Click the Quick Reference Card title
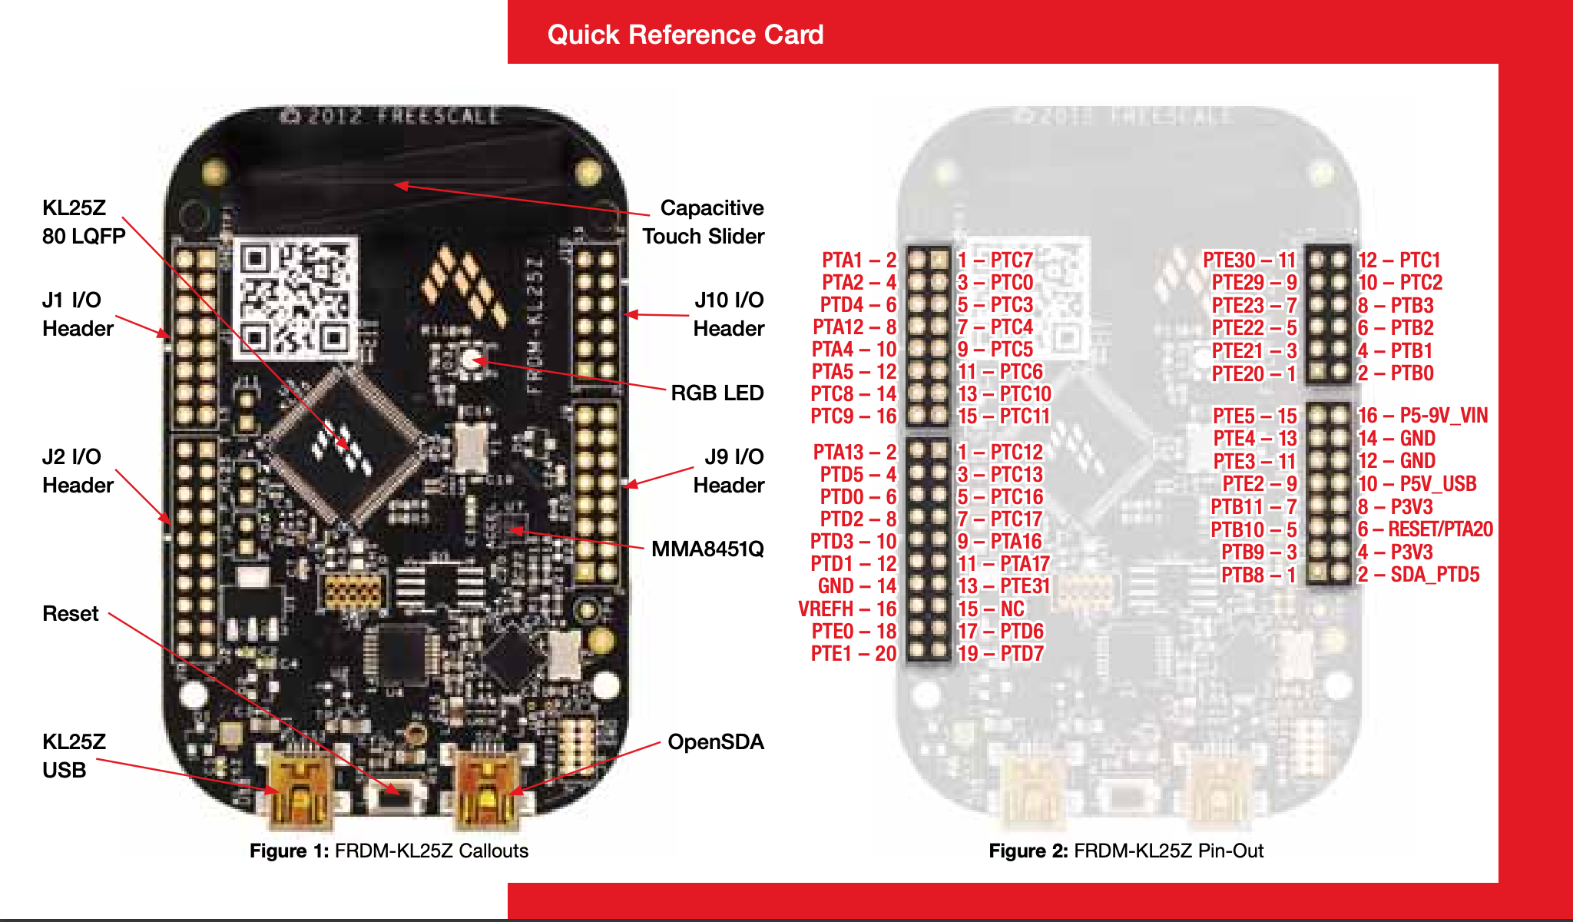[x=685, y=35]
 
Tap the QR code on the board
[x=295, y=297]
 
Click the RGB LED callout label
[x=717, y=393]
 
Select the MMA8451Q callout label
[x=707, y=549]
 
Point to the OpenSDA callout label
[x=715, y=741]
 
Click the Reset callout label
[x=71, y=613]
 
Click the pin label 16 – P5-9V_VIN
[x=1422, y=416]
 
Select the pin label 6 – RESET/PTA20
[x=1425, y=529]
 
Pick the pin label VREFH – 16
[x=847, y=609]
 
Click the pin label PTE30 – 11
[x=1249, y=260]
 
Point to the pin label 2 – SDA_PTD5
[x=1418, y=574]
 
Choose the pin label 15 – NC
[x=991, y=609]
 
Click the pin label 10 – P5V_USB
[x=1417, y=483]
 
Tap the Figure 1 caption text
[x=389, y=851]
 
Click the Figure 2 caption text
[x=1125, y=851]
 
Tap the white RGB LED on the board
[x=470, y=359]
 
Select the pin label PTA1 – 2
[x=859, y=260]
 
